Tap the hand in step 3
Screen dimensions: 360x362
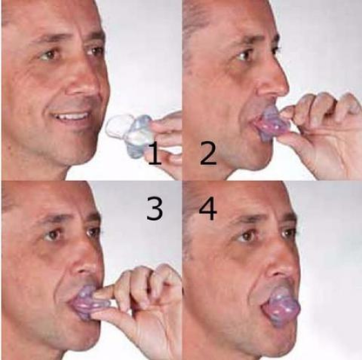click(144, 300)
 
